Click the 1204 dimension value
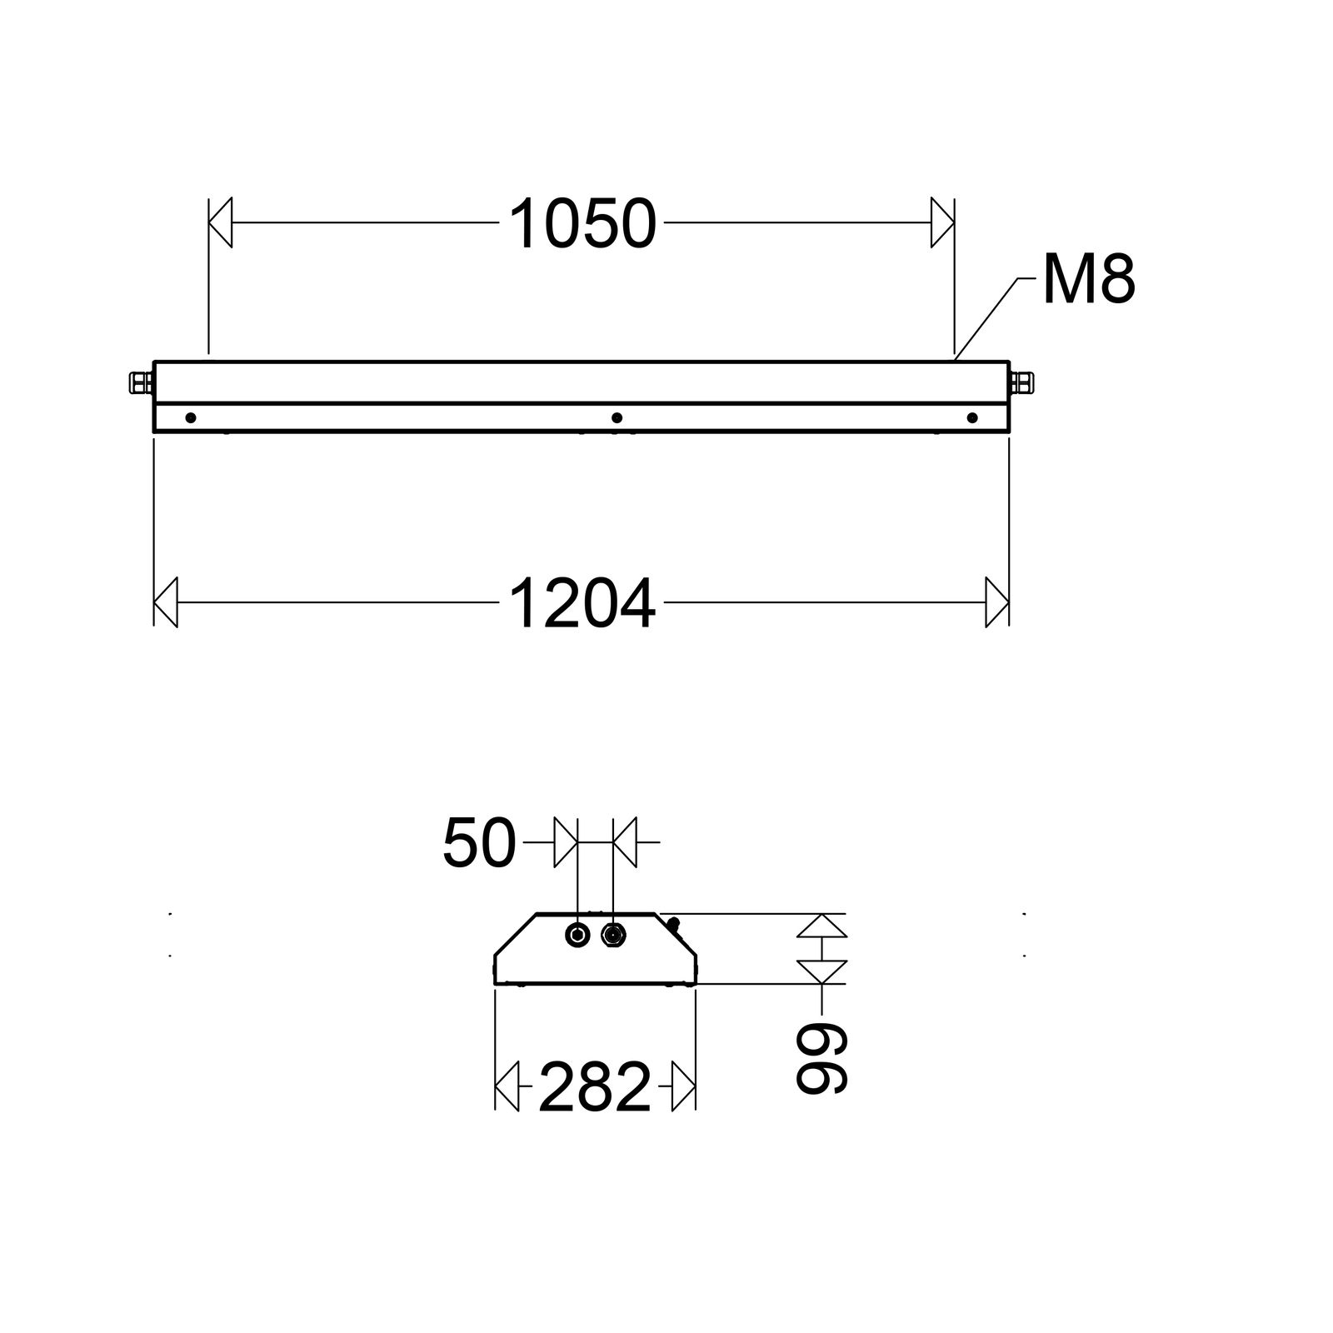coord(582,605)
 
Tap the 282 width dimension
coord(594,1087)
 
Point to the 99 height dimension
coord(821,1057)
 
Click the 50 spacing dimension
coord(479,843)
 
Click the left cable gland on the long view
coord(140,383)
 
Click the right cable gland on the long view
coord(1021,383)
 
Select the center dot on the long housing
coord(617,417)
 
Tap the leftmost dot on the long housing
coord(191,417)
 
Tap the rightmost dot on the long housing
coord(971,417)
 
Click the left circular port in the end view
coord(577,935)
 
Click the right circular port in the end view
coord(614,935)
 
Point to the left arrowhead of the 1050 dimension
coord(221,223)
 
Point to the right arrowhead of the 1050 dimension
coord(942,223)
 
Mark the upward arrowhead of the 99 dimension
coord(821,926)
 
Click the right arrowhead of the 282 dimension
coord(683,1086)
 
